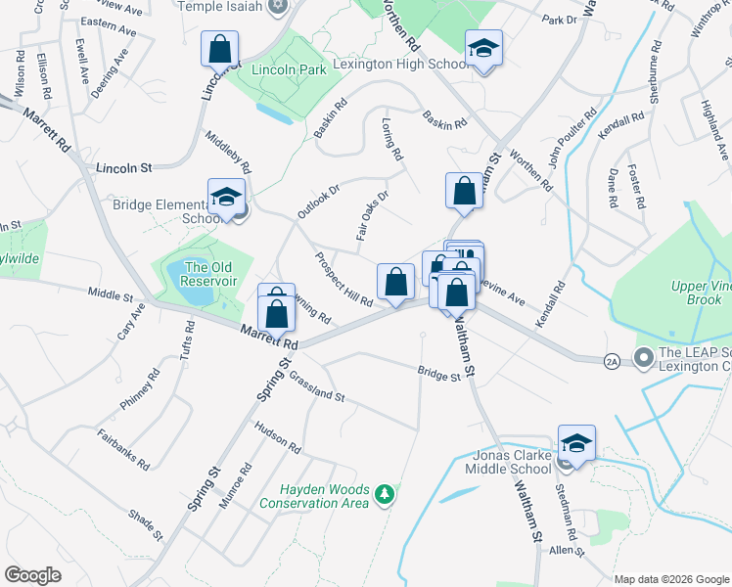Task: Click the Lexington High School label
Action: tap(401, 65)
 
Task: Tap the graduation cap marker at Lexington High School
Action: tap(483, 49)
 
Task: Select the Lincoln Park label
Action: tap(288, 70)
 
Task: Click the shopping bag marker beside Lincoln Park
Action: tap(220, 48)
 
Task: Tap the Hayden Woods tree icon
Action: tap(387, 495)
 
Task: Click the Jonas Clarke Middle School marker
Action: tap(576, 443)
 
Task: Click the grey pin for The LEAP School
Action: tap(643, 358)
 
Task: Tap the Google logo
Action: tap(32, 574)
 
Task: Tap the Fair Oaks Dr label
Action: tap(372, 216)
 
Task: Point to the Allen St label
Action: tap(566, 552)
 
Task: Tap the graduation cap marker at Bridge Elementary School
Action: tap(226, 197)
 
